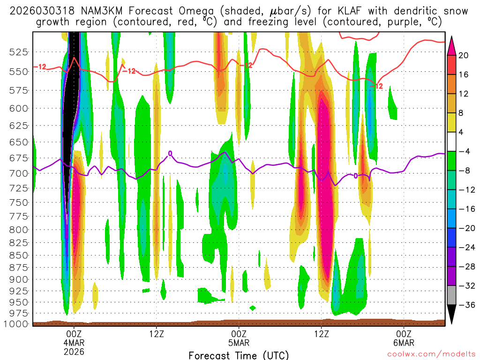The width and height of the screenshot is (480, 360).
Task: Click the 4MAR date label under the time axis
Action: [74, 342]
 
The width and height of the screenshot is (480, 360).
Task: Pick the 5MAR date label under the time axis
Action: [239, 342]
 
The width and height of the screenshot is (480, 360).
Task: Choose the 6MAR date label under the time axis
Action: [404, 342]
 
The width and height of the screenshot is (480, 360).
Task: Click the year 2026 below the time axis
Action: [74, 351]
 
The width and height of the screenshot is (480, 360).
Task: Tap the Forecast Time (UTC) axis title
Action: [239, 355]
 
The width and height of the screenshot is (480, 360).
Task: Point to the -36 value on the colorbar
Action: [465, 305]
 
